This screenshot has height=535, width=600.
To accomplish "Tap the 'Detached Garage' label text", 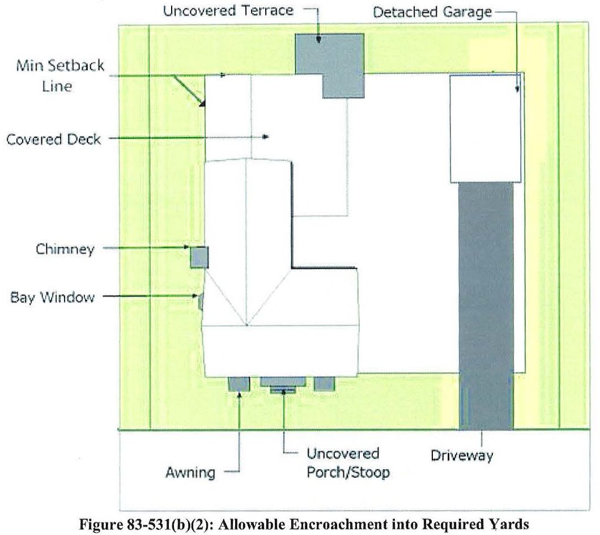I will click(x=432, y=12).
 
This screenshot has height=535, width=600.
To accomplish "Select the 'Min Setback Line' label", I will click(x=59, y=76).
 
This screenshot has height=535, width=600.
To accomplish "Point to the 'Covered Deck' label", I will click(x=54, y=139).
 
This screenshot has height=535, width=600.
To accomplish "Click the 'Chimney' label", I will click(x=65, y=249).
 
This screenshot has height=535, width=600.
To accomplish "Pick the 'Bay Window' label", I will click(x=52, y=296).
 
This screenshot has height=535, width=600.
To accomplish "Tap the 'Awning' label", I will click(x=191, y=472).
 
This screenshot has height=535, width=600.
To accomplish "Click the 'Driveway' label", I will click(x=462, y=455).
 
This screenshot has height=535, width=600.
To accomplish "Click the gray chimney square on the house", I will click(x=199, y=257).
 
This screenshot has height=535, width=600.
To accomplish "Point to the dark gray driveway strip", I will click(x=486, y=306).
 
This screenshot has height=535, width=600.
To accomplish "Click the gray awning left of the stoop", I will click(x=239, y=384).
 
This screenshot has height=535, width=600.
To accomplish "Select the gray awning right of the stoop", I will click(x=324, y=384).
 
